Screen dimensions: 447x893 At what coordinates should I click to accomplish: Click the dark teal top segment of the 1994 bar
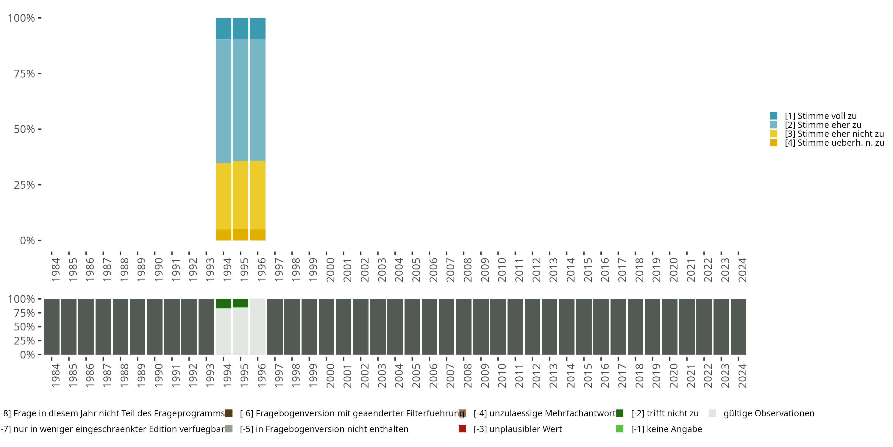click(x=223, y=28)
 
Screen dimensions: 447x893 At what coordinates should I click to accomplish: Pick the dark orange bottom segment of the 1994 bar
click(x=223, y=235)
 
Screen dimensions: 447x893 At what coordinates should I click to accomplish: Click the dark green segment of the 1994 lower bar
click(x=223, y=303)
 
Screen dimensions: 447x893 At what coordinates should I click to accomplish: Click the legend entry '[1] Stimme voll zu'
click(x=821, y=116)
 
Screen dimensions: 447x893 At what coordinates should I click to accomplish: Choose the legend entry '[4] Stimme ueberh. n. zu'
click(x=834, y=143)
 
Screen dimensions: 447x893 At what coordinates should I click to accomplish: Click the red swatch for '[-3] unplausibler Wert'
click(x=462, y=429)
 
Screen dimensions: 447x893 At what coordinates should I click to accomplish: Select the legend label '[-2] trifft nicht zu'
click(x=665, y=413)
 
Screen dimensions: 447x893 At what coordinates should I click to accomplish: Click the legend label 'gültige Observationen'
click(x=769, y=413)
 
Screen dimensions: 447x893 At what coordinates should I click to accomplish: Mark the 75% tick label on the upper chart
click(x=24, y=74)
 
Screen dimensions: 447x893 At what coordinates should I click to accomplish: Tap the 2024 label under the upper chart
click(x=742, y=270)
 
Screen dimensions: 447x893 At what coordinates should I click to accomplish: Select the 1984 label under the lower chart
click(x=55, y=375)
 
